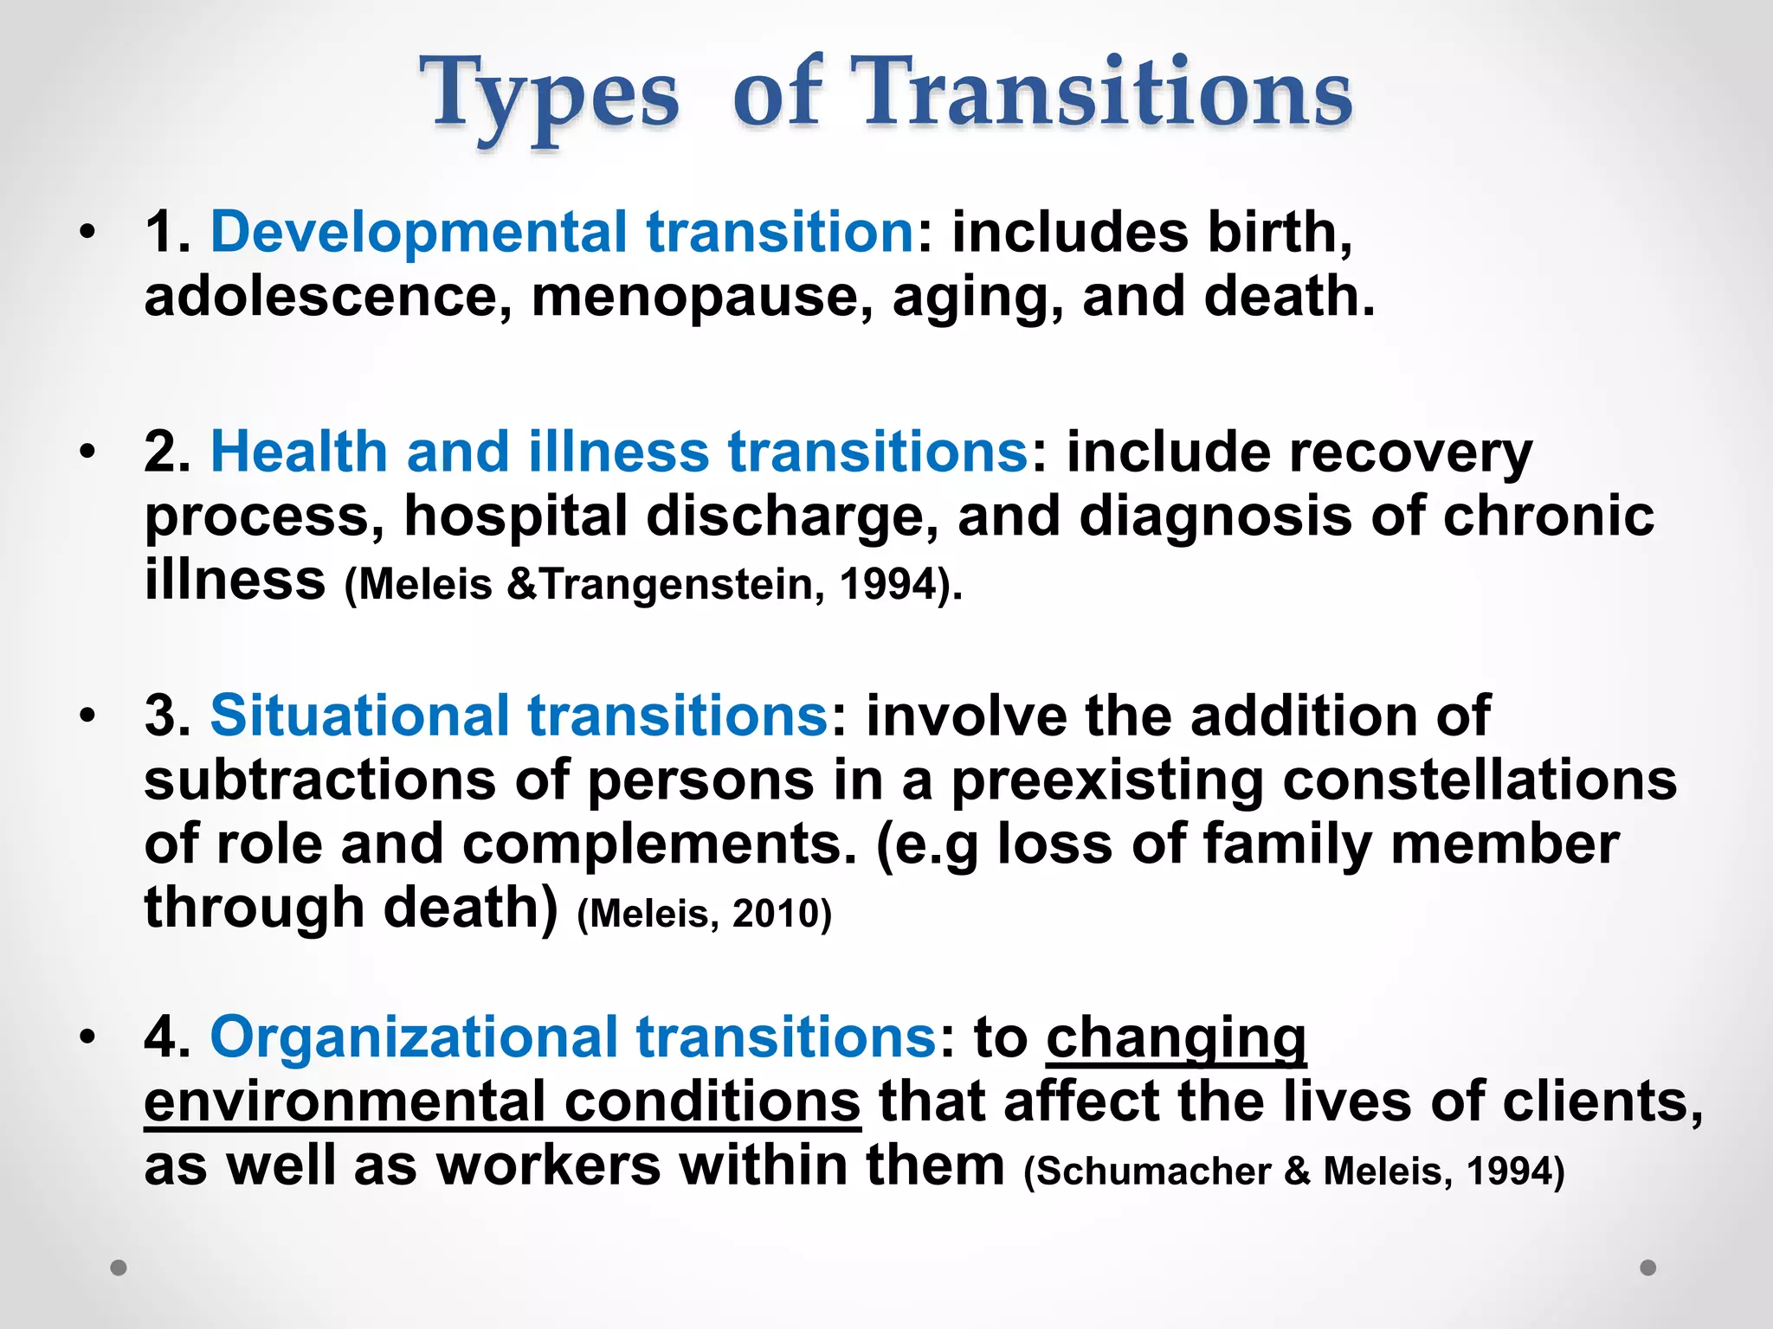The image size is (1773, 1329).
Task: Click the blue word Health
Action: click(x=298, y=452)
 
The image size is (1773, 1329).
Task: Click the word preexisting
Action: click(x=1107, y=780)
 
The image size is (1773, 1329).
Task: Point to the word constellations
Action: click(x=1480, y=780)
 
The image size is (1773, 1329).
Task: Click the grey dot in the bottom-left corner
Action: click(x=119, y=1268)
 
